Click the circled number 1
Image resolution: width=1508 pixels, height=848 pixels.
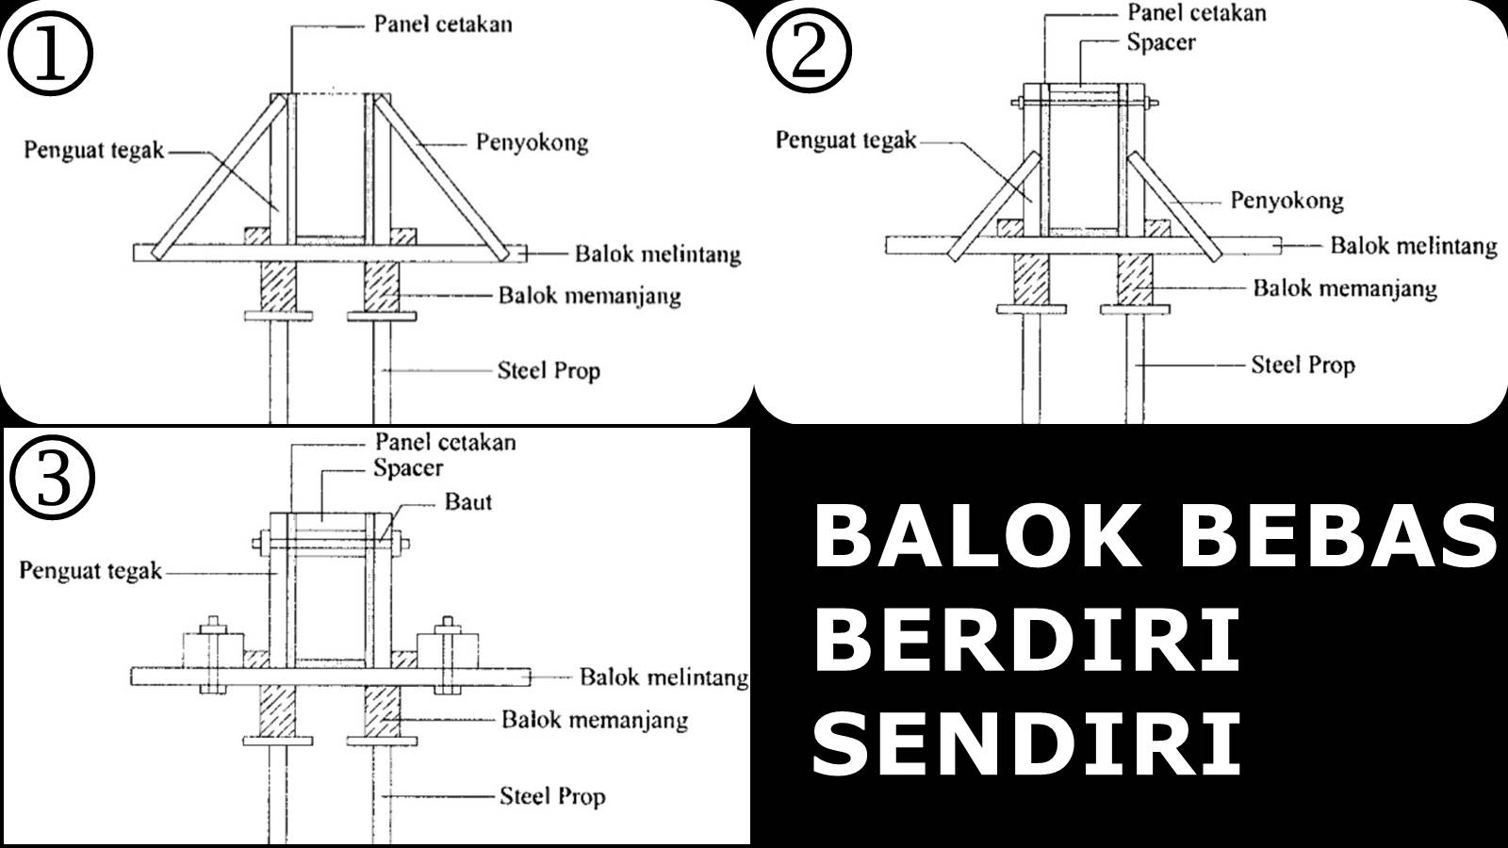(x=50, y=54)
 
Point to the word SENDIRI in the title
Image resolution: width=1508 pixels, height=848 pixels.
(x=1026, y=743)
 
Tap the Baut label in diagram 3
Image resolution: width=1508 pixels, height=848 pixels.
(x=467, y=502)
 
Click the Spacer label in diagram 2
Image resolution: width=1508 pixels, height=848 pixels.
(x=1161, y=42)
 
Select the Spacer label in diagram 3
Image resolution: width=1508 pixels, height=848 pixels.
(x=408, y=467)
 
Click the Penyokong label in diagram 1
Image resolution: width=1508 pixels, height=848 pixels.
(x=532, y=142)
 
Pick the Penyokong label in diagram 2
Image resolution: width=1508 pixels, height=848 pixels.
(x=1287, y=201)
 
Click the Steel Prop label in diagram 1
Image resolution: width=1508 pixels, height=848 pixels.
(x=548, y=371)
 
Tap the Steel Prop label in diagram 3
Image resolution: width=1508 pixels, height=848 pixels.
(x=552, y=797)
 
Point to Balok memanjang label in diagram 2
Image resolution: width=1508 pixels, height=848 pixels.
(x=1344, y=288)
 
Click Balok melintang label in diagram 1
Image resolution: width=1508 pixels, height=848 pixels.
(x=658, y=254)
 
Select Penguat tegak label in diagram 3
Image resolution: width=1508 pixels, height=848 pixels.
(x=90, y=571)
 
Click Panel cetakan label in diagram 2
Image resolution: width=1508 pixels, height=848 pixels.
(x=1196, y=12)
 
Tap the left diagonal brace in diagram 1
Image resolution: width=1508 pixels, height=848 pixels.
(x=219, y=176)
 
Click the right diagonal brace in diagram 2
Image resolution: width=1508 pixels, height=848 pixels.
(x=1174, y=206)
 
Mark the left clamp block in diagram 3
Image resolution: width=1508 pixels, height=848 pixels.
(x=213, y=650)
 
